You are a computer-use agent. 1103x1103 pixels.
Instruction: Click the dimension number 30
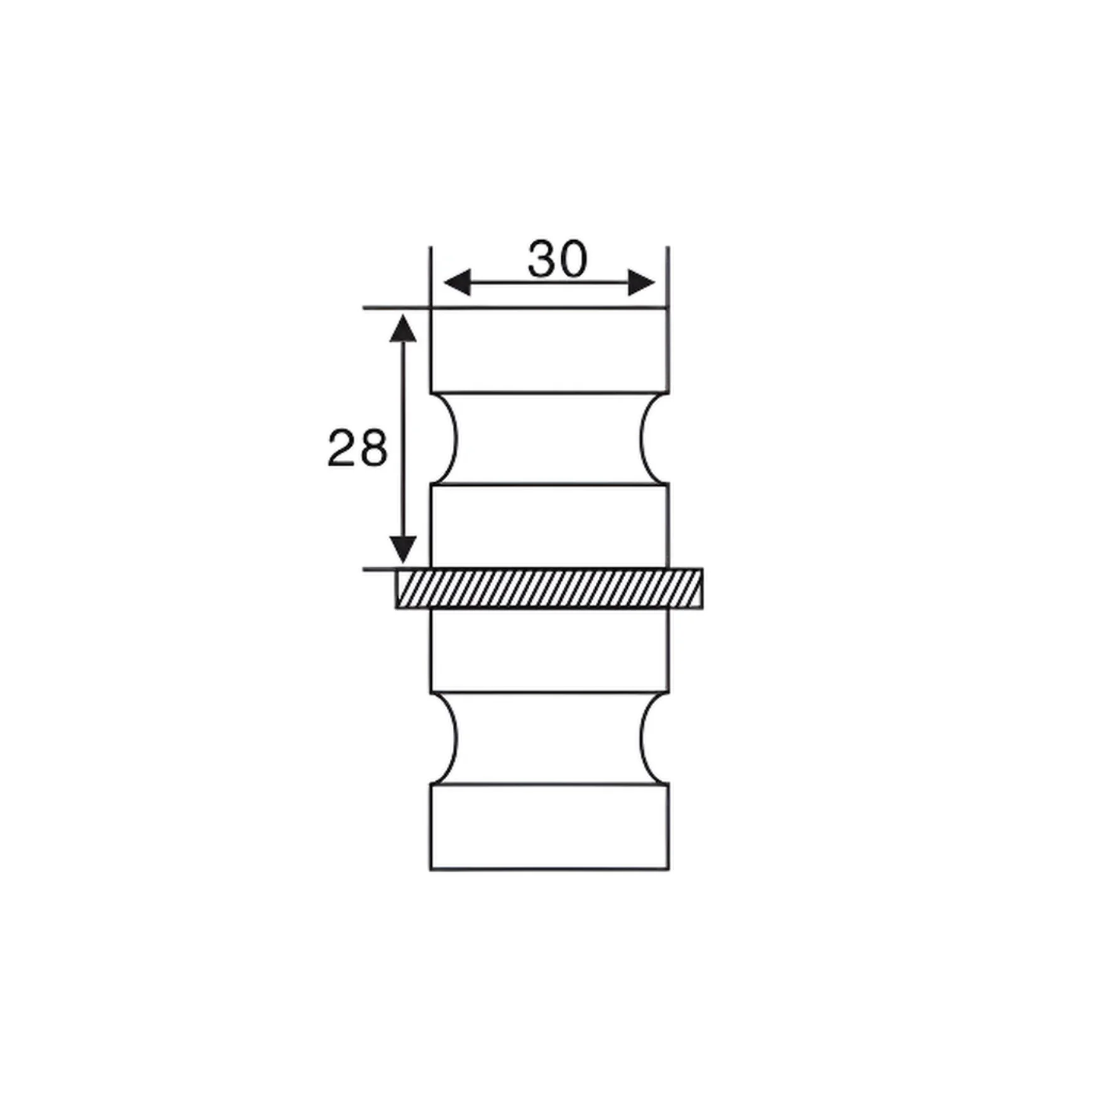557,260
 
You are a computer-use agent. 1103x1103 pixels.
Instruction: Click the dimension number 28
357,448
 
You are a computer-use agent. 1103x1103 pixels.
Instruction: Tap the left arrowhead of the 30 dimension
456,283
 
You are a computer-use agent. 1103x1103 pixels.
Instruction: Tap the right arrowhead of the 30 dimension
642,283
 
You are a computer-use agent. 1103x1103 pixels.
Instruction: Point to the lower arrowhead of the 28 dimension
403,549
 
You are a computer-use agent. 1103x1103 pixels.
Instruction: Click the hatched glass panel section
549,588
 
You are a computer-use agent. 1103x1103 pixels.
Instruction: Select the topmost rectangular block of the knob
549,350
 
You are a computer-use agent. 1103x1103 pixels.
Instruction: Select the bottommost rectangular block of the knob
549,826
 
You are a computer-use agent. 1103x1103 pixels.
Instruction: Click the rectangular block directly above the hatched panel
549,526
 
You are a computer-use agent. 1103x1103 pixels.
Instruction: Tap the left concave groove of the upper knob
445,439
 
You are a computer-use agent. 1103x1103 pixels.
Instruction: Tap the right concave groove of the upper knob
654,439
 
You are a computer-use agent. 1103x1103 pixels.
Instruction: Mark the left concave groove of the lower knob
445,738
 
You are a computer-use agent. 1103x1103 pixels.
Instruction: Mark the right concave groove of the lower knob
654,738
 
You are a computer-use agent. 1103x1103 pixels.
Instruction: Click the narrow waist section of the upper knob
549,439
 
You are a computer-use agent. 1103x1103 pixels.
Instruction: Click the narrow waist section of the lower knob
549,738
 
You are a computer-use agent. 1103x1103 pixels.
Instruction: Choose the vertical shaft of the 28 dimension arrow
403,440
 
